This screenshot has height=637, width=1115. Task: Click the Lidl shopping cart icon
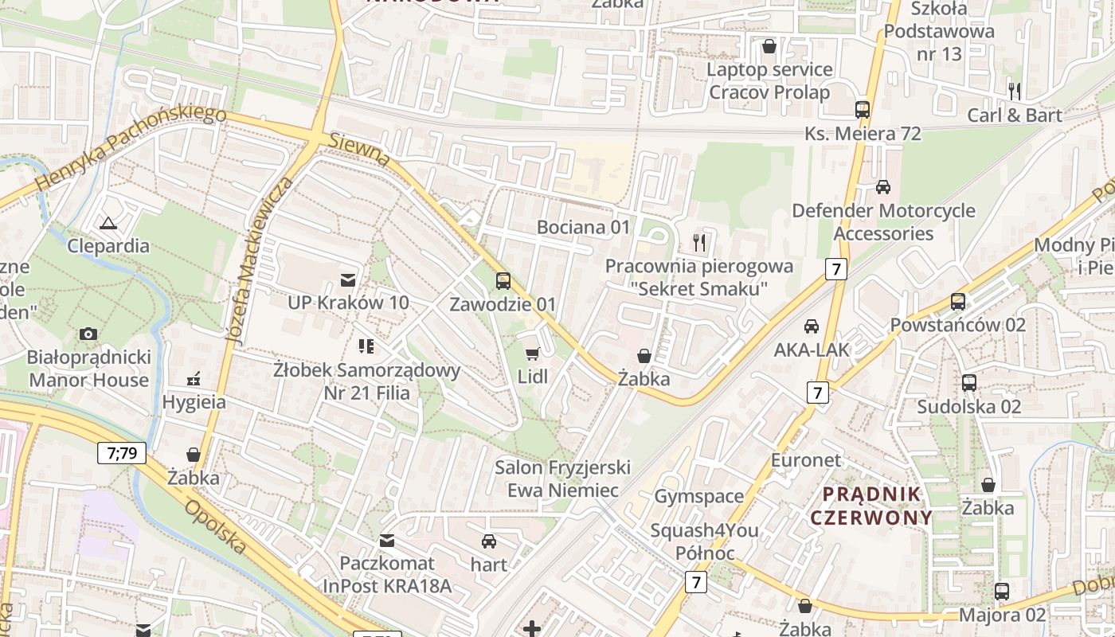(x=532, y=354)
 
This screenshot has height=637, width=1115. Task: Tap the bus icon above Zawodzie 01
(x=503, y=280)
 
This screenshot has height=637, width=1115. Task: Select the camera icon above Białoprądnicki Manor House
(x=88, y=334)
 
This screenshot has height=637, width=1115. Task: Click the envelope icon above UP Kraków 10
(x=348, y=279)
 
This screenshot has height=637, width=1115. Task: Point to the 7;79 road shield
(x=122, y=453)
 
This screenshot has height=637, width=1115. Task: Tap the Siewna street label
(x=359, y=150)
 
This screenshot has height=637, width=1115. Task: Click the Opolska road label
(x=216, y=526)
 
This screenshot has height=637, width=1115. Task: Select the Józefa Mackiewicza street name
(x=259, y=261)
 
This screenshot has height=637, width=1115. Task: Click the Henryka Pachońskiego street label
(x=131, y=149)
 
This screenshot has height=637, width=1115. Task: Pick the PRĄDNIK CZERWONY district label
(x=870, y=506)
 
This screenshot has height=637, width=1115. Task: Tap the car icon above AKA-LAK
(x=811, y=326)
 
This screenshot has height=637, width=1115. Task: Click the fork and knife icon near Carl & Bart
(x=1014, y=92)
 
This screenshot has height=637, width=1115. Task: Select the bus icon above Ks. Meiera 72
(x=862, y=110)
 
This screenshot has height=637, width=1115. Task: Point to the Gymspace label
(x=698, y=497)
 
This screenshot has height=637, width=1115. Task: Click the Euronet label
(x=805, y=460)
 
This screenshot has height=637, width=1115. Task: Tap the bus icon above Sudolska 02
(x=968, y=383)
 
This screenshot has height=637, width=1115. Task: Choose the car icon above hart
(x=489, y=541)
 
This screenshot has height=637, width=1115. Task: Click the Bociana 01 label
(x=583, y=228)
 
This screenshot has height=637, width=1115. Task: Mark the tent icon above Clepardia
(x=108, y=223)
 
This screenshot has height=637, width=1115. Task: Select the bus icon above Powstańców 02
(x=957, y=302)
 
